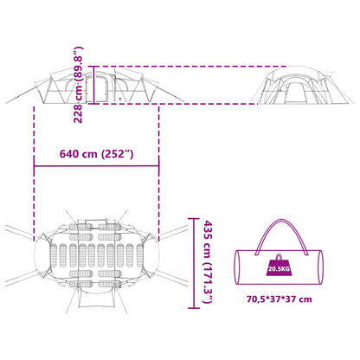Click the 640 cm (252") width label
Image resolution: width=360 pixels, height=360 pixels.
point(96,154)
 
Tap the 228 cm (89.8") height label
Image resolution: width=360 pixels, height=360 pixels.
point(78,85)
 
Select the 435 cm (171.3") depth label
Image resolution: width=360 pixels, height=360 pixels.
point(208,262)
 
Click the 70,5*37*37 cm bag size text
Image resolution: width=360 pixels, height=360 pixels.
point(280,299)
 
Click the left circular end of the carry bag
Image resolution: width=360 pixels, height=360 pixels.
point(238,267)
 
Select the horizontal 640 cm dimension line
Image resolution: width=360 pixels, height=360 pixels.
point(96,166)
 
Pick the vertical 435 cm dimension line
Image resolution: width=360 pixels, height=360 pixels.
point(194,263)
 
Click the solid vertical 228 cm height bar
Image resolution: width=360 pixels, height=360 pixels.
point(93,85)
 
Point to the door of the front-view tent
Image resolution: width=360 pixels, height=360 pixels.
point(295,93)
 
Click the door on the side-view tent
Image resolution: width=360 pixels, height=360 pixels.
point(101,88)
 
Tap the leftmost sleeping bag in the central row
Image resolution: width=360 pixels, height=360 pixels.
point(54,255)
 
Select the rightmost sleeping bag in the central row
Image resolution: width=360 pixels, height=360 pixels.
point(139,255)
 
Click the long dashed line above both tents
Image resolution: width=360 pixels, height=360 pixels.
point(190,67)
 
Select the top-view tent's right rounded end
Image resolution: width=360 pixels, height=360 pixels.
point(152,255)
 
